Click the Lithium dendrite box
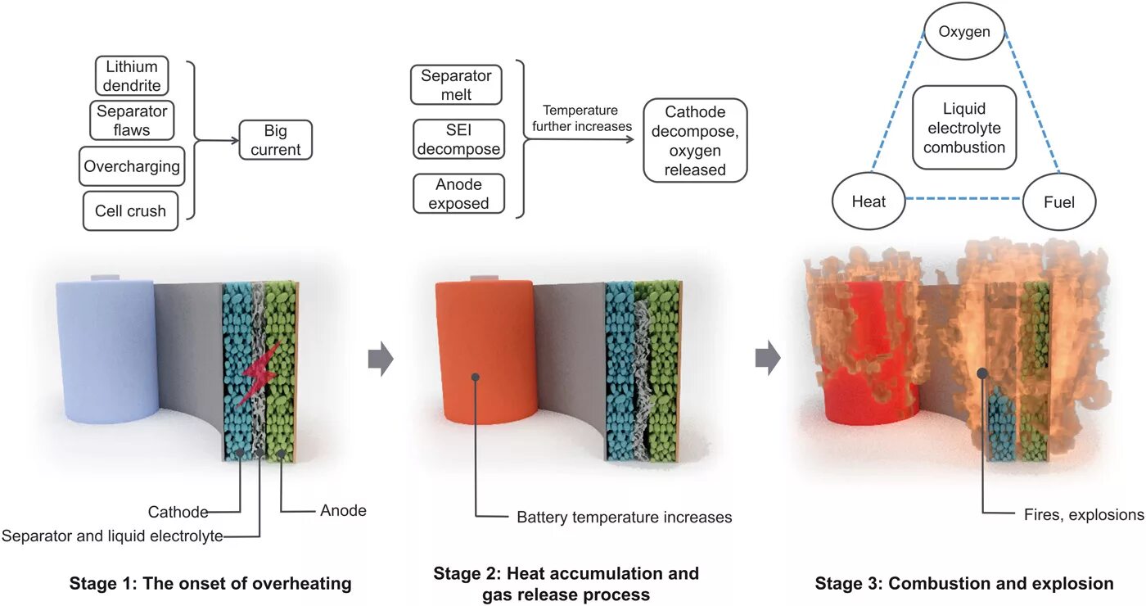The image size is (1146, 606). (x=131, y=75)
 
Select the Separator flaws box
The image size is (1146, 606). (x=131, y=120)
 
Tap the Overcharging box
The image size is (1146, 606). (x=131, y=166)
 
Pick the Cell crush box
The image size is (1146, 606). (x=130, y=210)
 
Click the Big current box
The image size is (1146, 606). (x=276, y=140)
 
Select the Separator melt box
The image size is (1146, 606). (x=456, y=85)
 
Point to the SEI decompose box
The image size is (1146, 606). (x=458, y=139)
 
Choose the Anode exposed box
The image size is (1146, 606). (x=458, y=194)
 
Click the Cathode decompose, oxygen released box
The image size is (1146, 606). (x=695, y=141)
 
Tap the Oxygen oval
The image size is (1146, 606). (x=964, y=33)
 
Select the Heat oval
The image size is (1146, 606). (x=869, y=201)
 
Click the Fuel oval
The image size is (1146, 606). (x=1059, y=201)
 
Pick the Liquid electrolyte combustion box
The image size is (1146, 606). (x=964, y=128)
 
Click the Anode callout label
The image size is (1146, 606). (x=343, y=511)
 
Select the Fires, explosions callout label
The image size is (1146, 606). (x=1083, y=515)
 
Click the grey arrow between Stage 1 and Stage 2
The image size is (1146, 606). (x=381, y=360)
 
